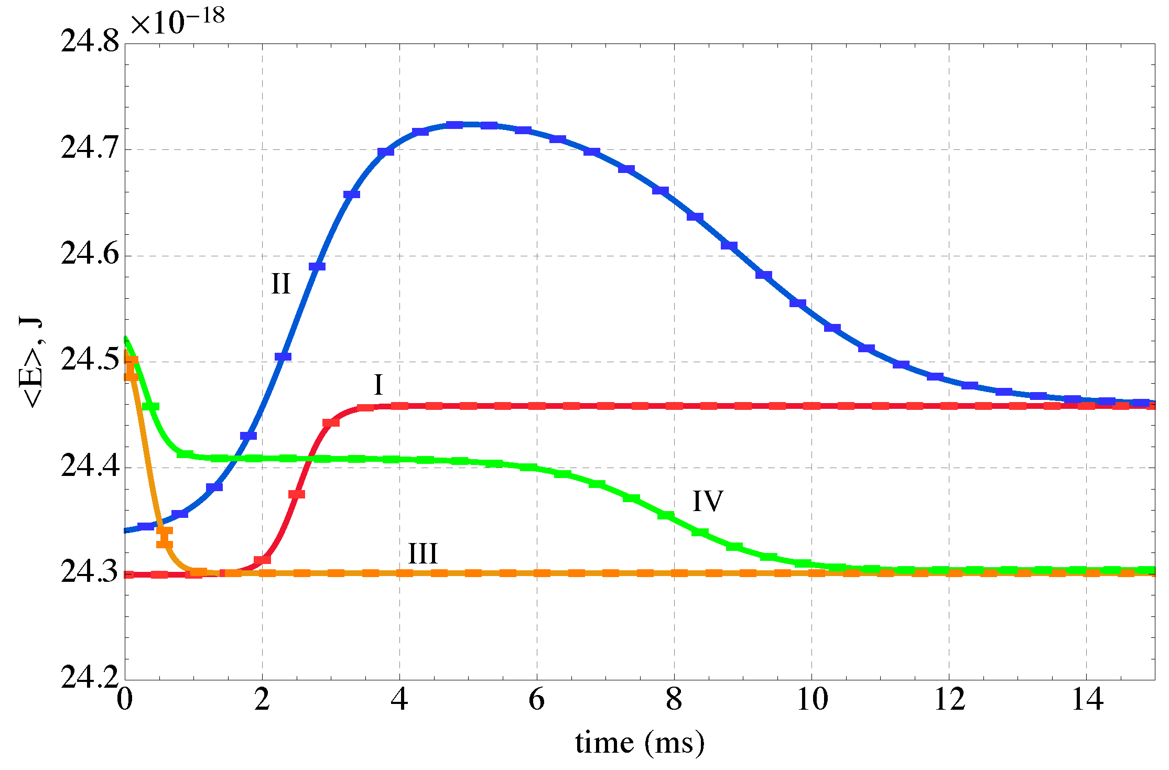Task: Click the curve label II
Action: point(280,284)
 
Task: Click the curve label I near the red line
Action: point(378,385)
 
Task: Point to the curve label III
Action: point(423,554)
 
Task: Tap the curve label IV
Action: point(708,501)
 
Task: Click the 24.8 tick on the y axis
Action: point(90,42)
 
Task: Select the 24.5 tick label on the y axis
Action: point(90,361)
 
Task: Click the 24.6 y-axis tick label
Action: point(90,255)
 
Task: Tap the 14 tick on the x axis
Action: point(1087,700)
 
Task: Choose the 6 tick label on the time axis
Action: point(537,700)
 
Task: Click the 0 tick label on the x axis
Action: point(125,700)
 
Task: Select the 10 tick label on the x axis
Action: point(812,700)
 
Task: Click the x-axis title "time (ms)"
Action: point(640,743)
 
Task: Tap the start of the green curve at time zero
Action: point(126,339)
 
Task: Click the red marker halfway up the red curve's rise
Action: point(297,494)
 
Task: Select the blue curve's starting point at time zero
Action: point(126,530)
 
